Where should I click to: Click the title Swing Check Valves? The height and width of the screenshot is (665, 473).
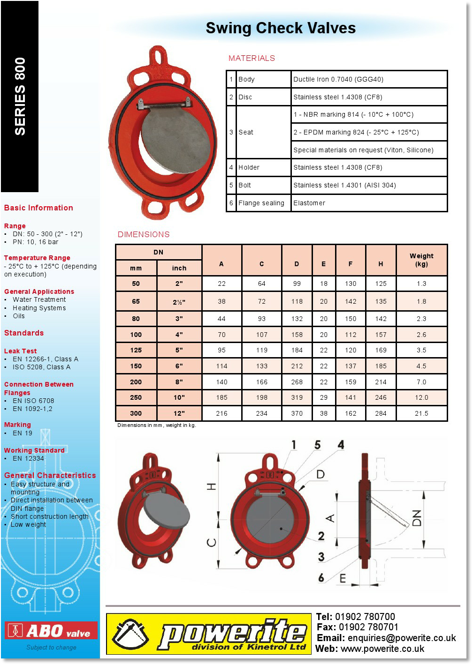pos(281,28)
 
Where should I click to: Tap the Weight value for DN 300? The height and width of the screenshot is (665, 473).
pos(421,413)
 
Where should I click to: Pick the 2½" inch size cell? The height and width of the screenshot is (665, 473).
pos(179,302)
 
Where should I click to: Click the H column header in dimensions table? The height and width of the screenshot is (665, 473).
pos(381,264)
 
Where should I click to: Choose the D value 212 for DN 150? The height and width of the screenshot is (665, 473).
pos(297,366)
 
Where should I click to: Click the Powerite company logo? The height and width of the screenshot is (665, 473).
pos(208,634)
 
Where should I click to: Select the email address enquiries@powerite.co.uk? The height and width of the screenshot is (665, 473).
pos(402,638)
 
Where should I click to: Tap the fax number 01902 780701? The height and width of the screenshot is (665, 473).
pos(368,627)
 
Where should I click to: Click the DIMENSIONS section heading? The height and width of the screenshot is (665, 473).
pos(144,234)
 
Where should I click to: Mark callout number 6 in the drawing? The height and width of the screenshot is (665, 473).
pos(321,577)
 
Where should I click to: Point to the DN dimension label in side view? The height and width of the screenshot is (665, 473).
pos(417,517)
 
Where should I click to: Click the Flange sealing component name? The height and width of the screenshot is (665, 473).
pos(261,203)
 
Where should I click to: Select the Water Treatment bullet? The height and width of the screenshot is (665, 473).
pos(39,299)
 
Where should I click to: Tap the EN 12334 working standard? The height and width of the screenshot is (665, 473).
pos(28,458)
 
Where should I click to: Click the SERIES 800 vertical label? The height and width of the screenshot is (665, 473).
pos(20,97)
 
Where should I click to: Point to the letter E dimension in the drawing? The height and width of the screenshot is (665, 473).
pos(343,579)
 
